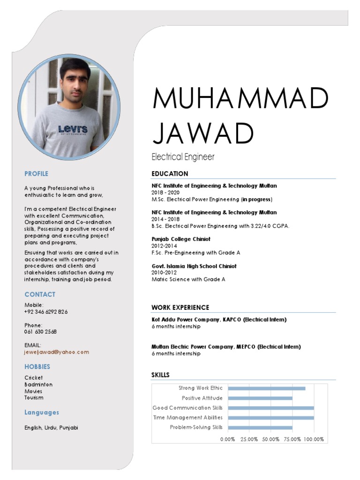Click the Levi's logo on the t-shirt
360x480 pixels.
click(x=73, y=129)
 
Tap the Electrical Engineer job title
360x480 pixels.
click(x=183, y=157)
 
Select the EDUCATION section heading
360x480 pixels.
click(x=170, y=174)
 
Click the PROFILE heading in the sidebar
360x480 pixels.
click(x=37, y=174)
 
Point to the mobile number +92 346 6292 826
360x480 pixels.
click(x=46, y=312)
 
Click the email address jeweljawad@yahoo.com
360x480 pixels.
click(x=57, y=352)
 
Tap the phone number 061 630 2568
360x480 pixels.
click(x=41, y=331)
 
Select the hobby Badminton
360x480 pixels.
click(x=38, y=384)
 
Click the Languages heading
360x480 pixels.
click(x=42, y=412)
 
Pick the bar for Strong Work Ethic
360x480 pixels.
click(x=266, y=388)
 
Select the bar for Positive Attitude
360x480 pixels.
click(x=260, y=398)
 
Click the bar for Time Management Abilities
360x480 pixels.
click(x=270, y=418)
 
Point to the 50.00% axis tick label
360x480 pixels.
click(x=270, y=439)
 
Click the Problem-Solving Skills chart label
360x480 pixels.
click(x=196, y=427)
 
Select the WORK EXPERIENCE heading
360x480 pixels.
click(x=180, y=307)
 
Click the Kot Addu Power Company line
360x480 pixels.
click(x=218, y=320)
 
